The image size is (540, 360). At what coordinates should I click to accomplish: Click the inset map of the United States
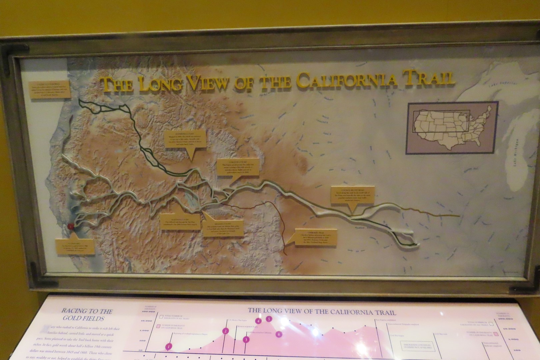click(452, 127)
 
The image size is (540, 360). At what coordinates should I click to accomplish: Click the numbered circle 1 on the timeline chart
click(169, 347)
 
